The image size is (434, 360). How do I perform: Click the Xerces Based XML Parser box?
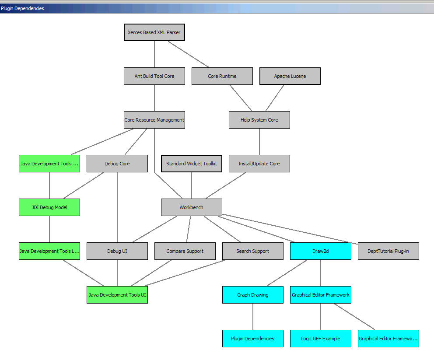tap(154, 32)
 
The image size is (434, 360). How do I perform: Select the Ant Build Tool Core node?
tap(154, 76)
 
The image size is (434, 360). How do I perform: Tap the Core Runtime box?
tap(222, 76)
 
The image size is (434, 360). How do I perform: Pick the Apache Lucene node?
tap(290, 76)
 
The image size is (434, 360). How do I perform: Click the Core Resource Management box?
tap(154, 120)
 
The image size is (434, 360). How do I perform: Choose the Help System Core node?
tap(259, 120)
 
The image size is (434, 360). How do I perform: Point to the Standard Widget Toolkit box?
tap(191, 164)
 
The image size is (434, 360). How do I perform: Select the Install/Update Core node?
tap(259, 164)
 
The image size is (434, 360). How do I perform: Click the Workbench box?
tap(191, 207)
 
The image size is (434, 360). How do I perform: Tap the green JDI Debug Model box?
tap(49, 207)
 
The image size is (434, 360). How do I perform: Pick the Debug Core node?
tap(117, 164)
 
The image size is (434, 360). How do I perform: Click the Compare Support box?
tap(185, 251)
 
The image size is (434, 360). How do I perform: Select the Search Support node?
tap(252, 251)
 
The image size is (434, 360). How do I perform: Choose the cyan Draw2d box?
tap(320, 251)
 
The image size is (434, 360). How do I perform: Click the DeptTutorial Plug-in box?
tap(388, 251)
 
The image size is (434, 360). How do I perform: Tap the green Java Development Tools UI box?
tap(117, 295)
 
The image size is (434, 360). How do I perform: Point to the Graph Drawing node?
tap(252, 295)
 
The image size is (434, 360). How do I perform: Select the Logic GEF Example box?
tap(320, 339)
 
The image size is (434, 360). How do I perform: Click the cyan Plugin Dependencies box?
tap(252, 339)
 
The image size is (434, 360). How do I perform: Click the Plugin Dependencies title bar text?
tap(22, 8)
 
